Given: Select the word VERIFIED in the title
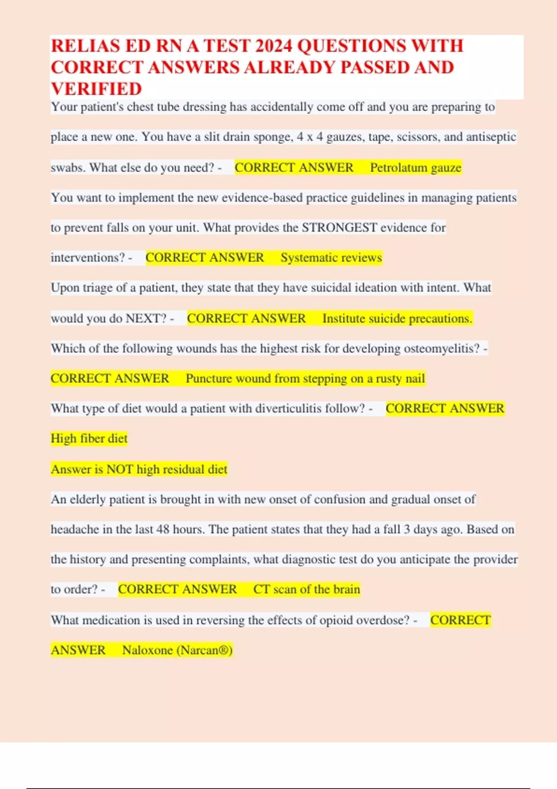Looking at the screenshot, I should (x=97, y=89).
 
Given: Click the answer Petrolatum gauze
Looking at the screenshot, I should (x=415, y=168).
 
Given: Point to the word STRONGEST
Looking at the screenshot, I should (x=339, y=228).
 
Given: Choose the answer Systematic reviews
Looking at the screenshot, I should (x=331, y=258).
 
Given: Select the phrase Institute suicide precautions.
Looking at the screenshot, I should (x=397, y=318).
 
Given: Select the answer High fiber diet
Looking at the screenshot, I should (x=89, y=439).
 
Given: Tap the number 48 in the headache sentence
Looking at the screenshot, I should (x=162, y=530).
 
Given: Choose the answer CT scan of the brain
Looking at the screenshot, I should (x=306, y=589).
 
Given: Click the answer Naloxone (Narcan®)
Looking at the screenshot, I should (x=177, y=650).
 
